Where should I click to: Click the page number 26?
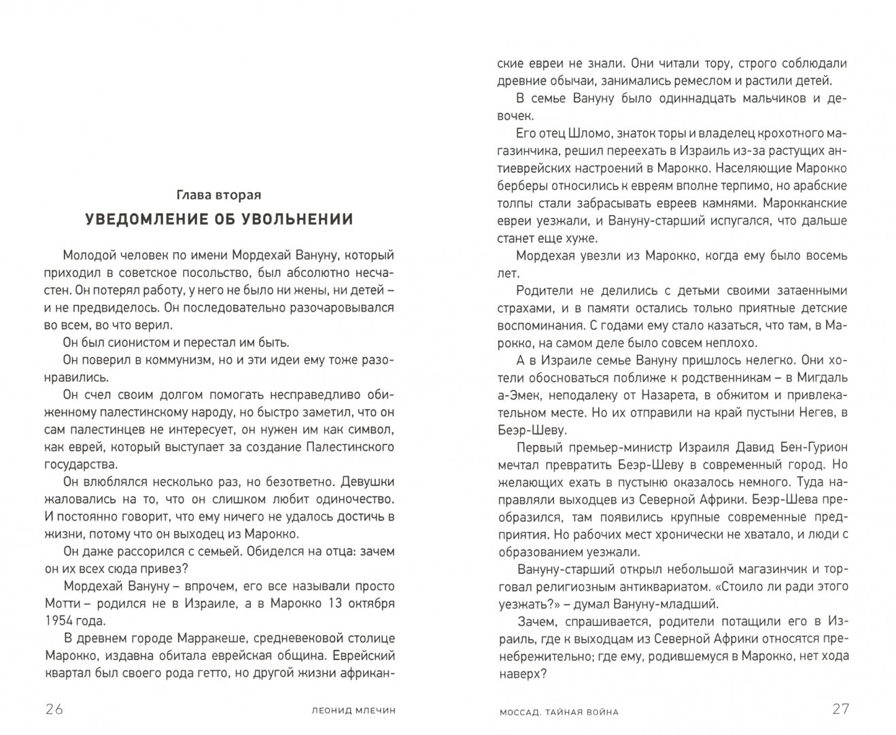tap(54, 708)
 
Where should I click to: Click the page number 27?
tap(841, 708)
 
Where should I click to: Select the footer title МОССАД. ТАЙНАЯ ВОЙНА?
tap(558, 712)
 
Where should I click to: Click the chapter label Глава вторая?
tap(219, 195)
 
